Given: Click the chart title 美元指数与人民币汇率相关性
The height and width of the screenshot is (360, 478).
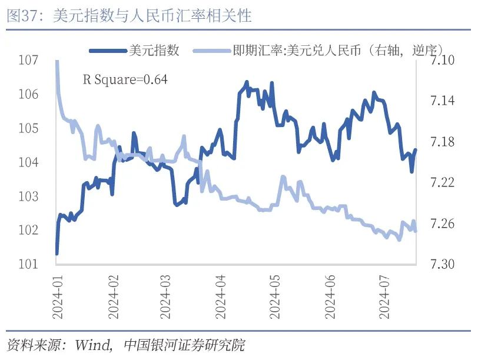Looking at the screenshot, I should point(152,16).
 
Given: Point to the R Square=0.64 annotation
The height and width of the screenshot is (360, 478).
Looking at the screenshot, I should point(125,79).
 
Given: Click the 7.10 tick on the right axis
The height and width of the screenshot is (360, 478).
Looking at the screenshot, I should point(443,60).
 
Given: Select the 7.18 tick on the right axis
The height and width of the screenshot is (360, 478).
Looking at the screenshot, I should point(443,142).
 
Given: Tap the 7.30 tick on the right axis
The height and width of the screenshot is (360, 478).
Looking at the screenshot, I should point(443,265).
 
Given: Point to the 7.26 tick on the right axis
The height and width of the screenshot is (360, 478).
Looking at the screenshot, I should point(443,224).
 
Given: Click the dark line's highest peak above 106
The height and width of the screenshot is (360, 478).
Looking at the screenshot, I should point(247,82).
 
